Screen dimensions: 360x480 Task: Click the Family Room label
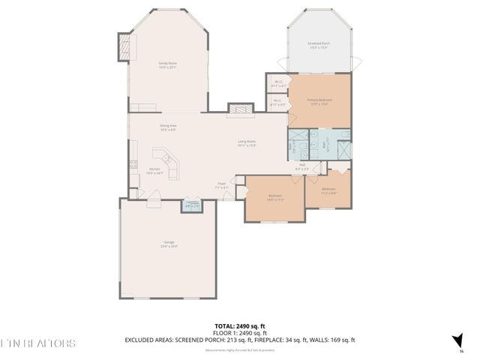(x=167, y=64)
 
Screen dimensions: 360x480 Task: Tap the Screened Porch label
(x=319, y=45)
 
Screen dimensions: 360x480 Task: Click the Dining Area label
(x=167, y=127)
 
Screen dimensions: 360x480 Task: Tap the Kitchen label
(x=155, y=171)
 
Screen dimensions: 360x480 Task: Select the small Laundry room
(x=193, y=205)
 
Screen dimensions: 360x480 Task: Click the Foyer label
(x=223, y=184)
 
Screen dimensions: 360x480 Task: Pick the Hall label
(x=302, y=167)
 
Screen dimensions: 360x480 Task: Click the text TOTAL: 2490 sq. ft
(x=240, y=326)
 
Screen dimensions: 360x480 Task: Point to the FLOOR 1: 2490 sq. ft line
(x=240, y=333)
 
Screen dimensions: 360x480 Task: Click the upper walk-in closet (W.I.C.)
(x=277, y=83)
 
